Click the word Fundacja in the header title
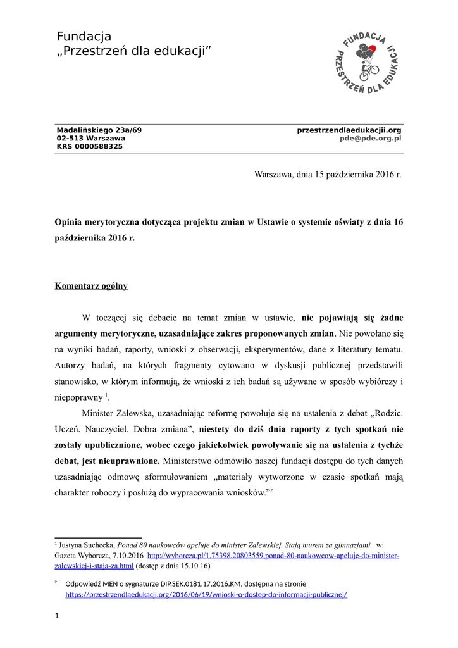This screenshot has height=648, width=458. point(84,36)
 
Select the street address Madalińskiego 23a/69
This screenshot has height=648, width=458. point(99,130)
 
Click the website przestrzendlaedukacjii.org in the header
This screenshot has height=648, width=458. point(349,130)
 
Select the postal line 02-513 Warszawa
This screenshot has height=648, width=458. point(91,138)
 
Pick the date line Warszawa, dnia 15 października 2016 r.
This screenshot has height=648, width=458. point(328,173)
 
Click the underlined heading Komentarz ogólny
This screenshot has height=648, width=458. point(91,286)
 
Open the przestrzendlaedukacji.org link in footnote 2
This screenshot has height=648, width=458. point(206,595)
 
